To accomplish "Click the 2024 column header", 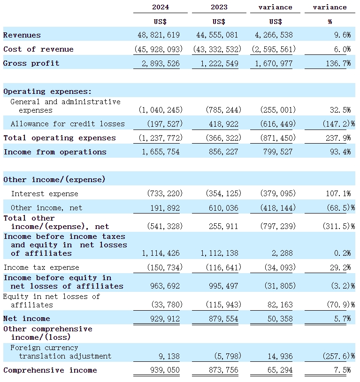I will pyautogui.click(x=161, y=7).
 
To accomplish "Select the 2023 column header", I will pyautogui.click(x=219, y=7).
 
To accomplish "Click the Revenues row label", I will pyautogui.click(x=22, y=35).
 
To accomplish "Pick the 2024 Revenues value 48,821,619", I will pyautogui.click(x=160, y=35).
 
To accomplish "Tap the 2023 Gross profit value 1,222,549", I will pyautogui.click(x=219, y=63).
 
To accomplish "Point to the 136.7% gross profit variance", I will pyautogui.click(x=339, y=63).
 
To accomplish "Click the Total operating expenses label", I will pyautogui.click(x=60, y=138).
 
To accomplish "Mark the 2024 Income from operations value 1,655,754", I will pyautogui.click(x=161, y=152).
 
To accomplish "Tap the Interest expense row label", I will pyautogui.click(x=45, y=194).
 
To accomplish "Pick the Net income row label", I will pyautogui.click(x=27, y=319).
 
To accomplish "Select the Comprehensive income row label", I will pyautogui.click(x=50, y=370).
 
